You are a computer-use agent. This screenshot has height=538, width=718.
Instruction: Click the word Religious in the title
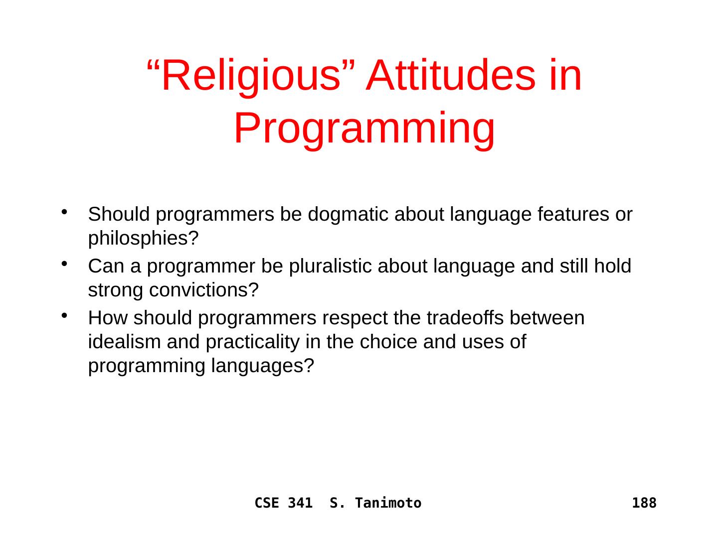click(251, 76)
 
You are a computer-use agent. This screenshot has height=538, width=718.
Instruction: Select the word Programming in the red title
click(364, 129)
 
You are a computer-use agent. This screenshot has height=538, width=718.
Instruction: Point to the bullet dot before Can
click(64, 264)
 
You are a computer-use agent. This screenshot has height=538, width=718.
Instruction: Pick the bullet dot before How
click(64, 315)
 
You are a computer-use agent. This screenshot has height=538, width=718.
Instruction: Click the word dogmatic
click(348, 215)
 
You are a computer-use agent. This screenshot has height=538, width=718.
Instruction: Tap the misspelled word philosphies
click(143, 239)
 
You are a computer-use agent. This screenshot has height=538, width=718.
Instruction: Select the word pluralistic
click(331, 266)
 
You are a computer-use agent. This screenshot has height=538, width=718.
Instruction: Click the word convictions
click(204, 290)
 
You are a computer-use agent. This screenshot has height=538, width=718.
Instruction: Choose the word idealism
click(124, 342)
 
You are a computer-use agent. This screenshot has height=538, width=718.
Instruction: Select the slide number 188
click(644, 503)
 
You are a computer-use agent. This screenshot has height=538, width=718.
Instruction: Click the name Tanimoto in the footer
click(388, 503)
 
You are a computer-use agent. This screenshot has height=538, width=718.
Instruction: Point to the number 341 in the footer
click(300, 503)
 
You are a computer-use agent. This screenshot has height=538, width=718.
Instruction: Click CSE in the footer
click(267, 503)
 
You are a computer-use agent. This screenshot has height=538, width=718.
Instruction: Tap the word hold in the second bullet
click(613, 266)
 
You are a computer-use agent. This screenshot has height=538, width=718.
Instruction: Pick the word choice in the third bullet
click(388, 342)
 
